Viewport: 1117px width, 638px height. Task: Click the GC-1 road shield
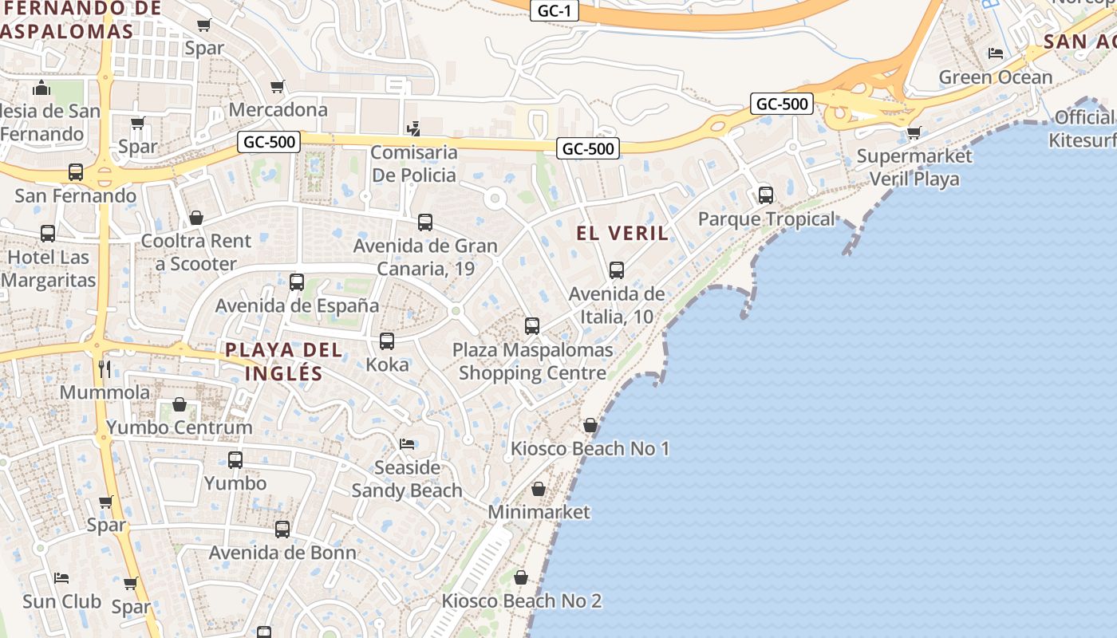pyautogui.click(x=554, y=11)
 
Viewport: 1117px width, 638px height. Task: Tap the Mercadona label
pyautogui.click(x=278, y=109)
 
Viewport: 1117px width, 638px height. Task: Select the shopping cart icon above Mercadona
pyautogui.click(x=277, y=86)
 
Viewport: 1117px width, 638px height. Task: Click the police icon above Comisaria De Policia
pyautogui.click(x=413, y=128)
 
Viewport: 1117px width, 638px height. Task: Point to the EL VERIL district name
pyautogui.click(x=622, y=233)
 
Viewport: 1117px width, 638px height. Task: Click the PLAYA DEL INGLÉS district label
pyautogui.click(x=284, y=361)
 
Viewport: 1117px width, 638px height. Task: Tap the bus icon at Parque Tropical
pyautogui.click(x=765, y=195)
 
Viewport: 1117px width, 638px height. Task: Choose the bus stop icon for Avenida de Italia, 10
pyautogui.click(x=616, y=270)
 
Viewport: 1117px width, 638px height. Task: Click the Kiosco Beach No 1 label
pyautogui.click(x=590, y=448)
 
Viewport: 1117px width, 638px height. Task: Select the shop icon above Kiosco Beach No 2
pyautogui.click(x=521, y=577)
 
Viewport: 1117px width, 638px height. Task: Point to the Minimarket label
pyautogui.click(x=539, y=512)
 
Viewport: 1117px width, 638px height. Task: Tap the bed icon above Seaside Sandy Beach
pyautogui.click(x=407, y=443)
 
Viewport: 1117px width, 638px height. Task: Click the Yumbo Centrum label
pyautogui.click(x=180, y=427)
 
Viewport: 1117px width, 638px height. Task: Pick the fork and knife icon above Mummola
pyautogui.click(x=105, y=368)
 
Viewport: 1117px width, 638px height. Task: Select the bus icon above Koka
pyautogui.click(x=387, y=341)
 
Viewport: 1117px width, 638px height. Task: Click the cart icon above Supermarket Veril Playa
pyautogui.click(x=914, y=132)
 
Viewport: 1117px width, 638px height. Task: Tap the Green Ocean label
pyautogui.click(x=996, y=77)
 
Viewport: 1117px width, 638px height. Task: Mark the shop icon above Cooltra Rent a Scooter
pyautogui.click(x=196, y=218)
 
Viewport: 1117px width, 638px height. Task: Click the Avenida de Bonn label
pyautogui.click(x=282, y=553)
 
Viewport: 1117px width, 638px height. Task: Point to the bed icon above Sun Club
pyautogui.click(x=61, y=577)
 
